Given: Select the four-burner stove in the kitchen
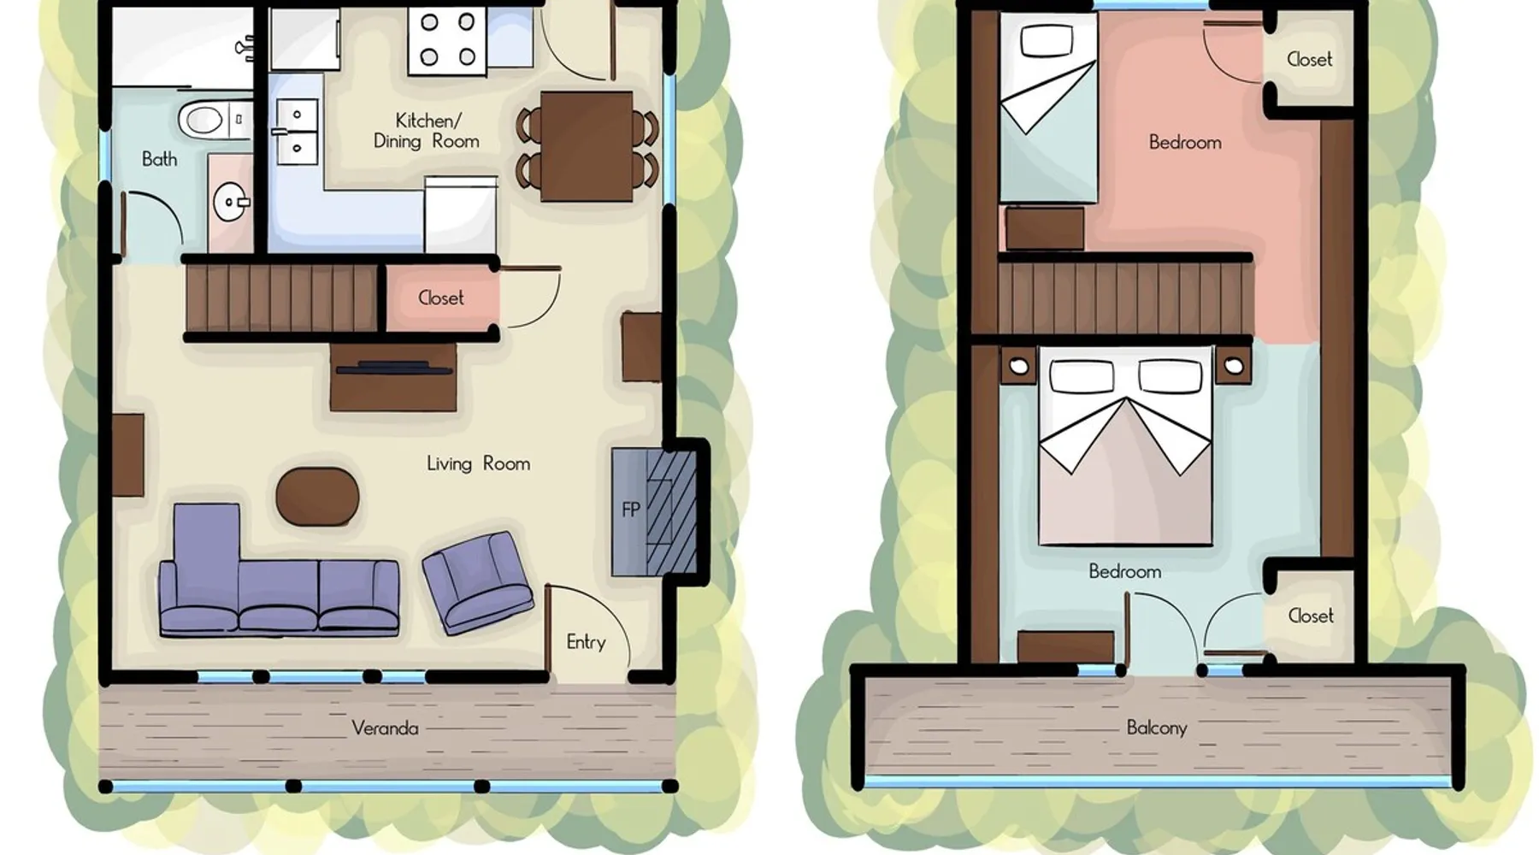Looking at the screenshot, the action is (x=447, y=40).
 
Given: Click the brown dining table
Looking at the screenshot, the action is (x=587, y=146).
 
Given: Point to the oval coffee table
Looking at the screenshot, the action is (x=317, y=496).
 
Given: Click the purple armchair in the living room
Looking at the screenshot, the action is (x=478, y=581).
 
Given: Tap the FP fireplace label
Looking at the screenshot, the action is (x=631, y=510).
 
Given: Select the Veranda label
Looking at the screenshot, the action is (x=385, y=728).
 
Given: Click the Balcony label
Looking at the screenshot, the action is (x=1157, y=728).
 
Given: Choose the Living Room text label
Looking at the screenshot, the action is (x=478, y=463).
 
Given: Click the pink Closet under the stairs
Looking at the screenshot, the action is (x=441, y=298).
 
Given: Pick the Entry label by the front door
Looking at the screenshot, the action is (x=586, y=642).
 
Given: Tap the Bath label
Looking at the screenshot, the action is (x=159, y=159).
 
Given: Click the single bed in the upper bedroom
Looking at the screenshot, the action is (x=1048, y=108).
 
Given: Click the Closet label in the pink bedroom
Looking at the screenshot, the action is (x=1309, y=60).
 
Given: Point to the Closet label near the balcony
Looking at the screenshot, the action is (x=1310, y=616).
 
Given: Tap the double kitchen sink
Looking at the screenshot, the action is (x=297, y=132).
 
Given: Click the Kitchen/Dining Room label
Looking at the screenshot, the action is (x=426, y=131).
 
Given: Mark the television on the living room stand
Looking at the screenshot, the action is (x=393, y=369).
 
